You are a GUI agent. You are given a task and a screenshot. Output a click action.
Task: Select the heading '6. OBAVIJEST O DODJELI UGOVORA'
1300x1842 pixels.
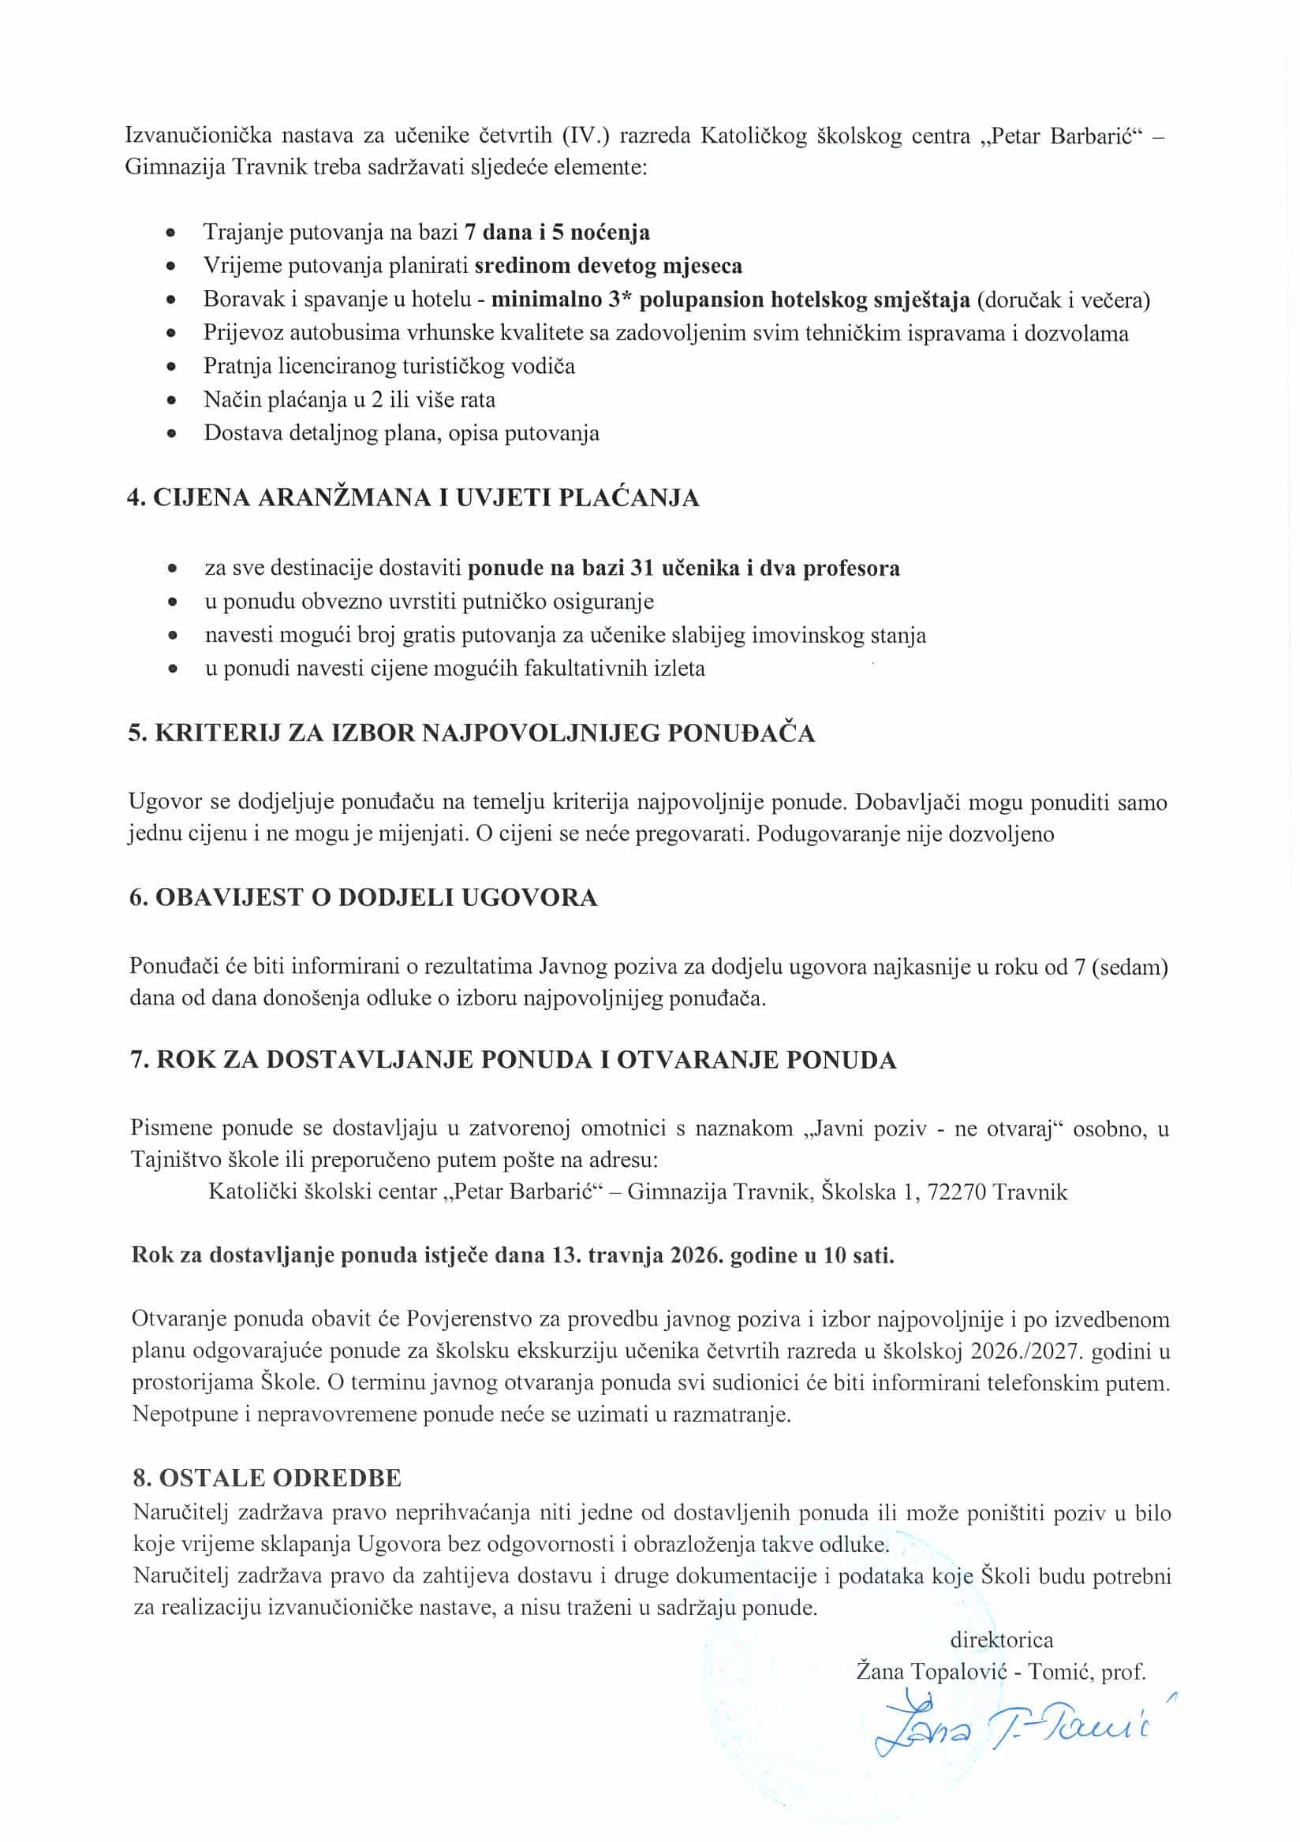(363, 897)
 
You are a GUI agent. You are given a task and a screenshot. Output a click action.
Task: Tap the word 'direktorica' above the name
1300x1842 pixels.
(1002, 1639)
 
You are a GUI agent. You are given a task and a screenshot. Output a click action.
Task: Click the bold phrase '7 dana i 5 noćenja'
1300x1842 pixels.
(557, 233)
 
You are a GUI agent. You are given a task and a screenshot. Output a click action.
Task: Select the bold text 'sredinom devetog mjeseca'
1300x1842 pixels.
(608, 266)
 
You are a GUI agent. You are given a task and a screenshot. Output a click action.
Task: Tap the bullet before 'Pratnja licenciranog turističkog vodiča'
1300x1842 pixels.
(171, 367)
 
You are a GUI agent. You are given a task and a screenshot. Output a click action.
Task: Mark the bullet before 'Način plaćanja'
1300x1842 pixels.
(171, 401)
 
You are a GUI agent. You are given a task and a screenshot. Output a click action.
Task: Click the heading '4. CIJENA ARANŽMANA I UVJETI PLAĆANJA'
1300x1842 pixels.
(413, 498)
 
